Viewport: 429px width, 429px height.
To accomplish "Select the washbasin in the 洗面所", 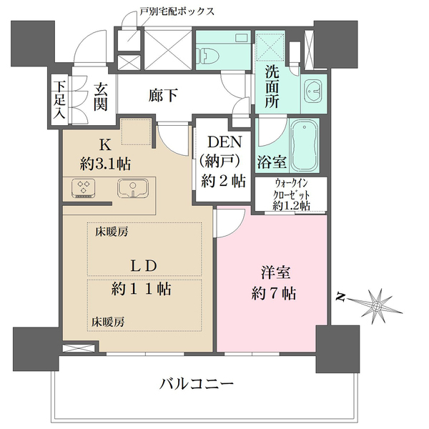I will click(x=313, y=91).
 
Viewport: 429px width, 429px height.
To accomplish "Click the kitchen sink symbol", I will click(x=133, y=189).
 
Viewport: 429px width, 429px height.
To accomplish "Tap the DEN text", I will click(x=223, y=143).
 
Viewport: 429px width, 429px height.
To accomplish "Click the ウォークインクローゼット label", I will click(x=291, y=193).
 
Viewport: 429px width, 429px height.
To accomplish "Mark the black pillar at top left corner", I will click(x=33, y=41).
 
